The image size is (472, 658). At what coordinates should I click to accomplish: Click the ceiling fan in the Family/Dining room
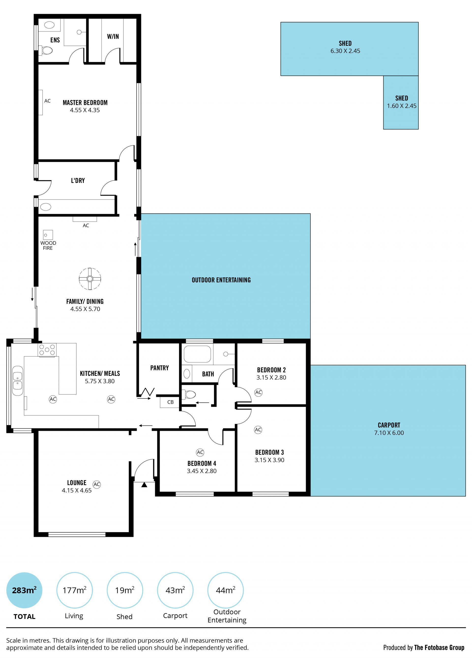(x=90, y=278)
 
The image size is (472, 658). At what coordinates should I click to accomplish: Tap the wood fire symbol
(x=48, y=235)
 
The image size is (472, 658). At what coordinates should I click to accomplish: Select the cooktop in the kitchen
(x=47, y=350)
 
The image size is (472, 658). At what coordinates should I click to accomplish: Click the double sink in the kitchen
(x=18, y=381)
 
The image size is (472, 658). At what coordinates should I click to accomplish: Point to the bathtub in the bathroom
(x=197, y=354)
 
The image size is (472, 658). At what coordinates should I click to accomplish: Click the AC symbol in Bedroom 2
(x=258, y=392)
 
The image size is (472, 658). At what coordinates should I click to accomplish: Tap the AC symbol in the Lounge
(x=97, y=484)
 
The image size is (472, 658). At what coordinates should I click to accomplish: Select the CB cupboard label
(x=170, y=402)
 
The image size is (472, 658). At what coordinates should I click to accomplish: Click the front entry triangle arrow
(x=144, y=485)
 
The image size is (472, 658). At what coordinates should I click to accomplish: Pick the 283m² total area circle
(x=24, y=590)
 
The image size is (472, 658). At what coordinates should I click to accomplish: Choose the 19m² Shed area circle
(x=125, y=590)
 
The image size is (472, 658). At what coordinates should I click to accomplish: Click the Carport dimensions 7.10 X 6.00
(x=389, y=433)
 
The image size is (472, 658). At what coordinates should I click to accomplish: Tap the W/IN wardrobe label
(x=113, y=37)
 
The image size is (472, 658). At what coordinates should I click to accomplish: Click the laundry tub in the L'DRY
(x=45, y=207)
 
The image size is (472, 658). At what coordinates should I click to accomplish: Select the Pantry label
(x=160, y=368)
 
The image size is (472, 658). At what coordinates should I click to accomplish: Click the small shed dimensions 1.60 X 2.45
(x=401, y=106)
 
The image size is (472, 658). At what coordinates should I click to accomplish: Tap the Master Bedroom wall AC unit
(x=41, y=102)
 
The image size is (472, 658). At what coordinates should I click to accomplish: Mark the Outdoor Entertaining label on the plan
(x=221, y=280)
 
